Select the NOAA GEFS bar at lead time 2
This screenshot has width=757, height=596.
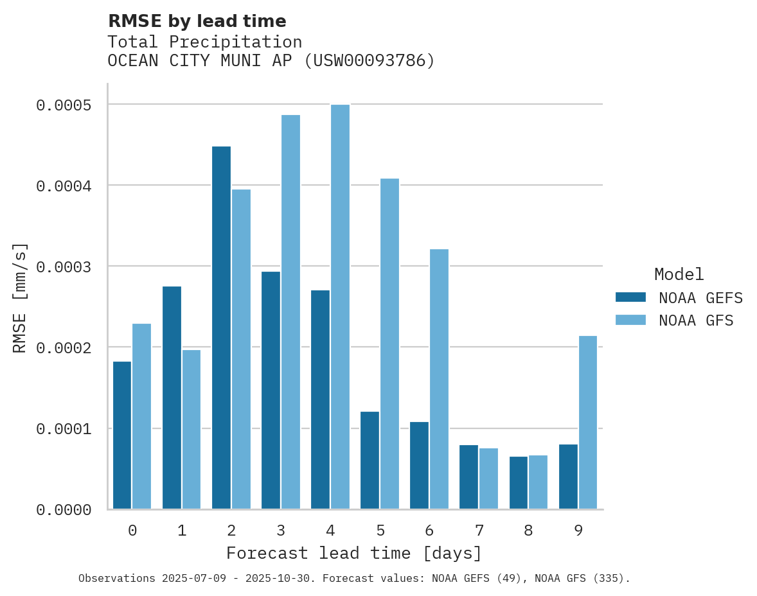click(x=221, y=328)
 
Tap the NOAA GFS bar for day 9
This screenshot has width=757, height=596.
click(x=588, y=422)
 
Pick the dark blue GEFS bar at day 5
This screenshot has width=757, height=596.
click(x=370, y=460)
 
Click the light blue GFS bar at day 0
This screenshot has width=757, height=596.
click(x=141, y=416)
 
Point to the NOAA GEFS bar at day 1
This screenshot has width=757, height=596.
click(x=172, y=398)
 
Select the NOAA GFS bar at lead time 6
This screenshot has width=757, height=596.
click(x=439, y=379)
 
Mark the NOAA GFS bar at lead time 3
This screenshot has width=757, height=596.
click(x=290, y=312)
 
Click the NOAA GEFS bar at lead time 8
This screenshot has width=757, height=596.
click(x=518, y=482)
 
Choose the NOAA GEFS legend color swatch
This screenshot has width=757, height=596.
click(x=630, y=297)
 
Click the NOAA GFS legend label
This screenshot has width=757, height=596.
click(x=696, y=320)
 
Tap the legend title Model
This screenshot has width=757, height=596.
click(x=679, y=274)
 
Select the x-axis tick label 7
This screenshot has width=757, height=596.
click(x=479, y=530)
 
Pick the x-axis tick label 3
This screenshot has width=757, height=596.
click(x=281, y=530)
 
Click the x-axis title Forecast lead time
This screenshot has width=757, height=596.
click(x=354, y=553)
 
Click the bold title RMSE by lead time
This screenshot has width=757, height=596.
click(x=197, y=21)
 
